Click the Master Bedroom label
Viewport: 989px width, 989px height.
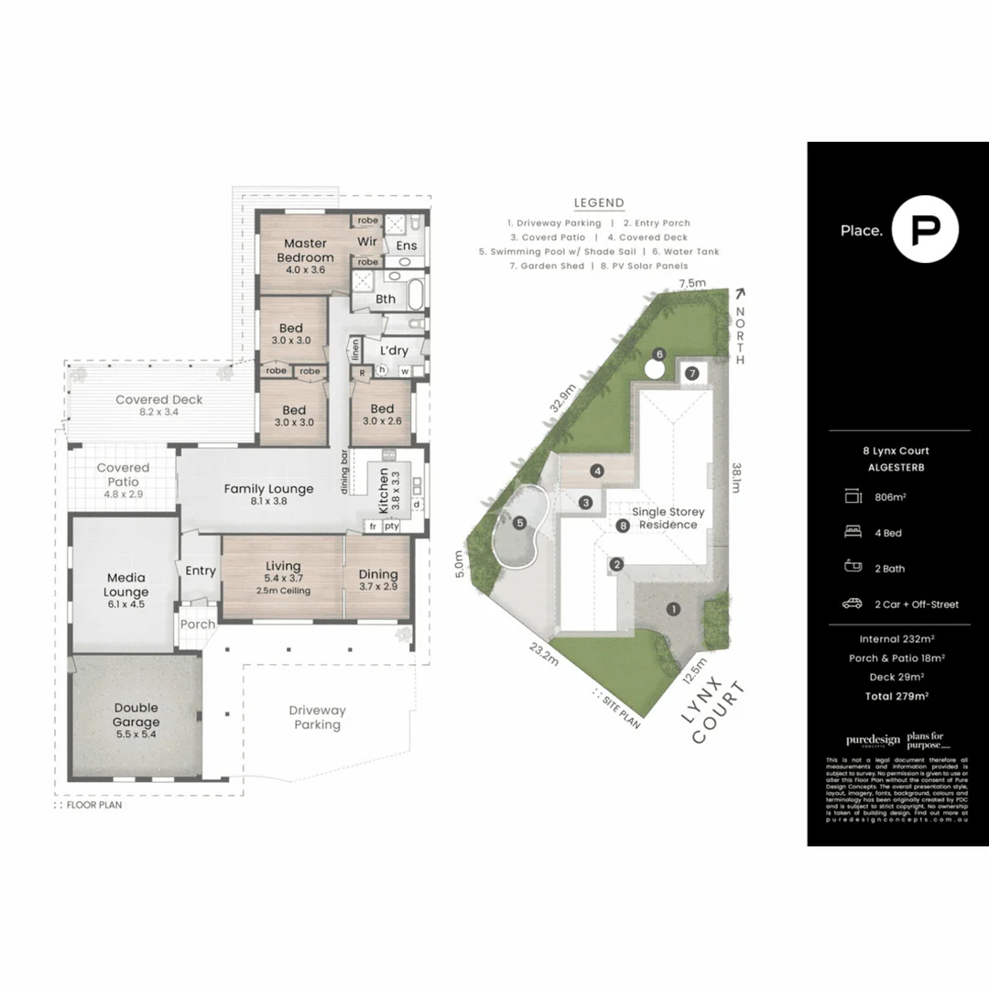305,250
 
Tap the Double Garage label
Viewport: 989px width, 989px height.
136,714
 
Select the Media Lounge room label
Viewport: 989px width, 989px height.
126,585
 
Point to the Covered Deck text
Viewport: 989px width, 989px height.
159,400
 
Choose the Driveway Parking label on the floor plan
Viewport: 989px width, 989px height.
317,717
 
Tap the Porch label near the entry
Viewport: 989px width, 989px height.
197,625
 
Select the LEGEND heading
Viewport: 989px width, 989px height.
599,203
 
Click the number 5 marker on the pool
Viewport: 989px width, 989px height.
519,524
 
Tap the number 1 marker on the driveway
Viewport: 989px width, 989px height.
673,608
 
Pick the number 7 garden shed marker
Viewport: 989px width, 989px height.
692,373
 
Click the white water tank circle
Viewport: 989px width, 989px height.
653,369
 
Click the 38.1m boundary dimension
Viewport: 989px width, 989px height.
735,477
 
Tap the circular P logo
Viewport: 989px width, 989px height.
926,229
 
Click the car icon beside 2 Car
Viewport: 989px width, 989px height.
853,603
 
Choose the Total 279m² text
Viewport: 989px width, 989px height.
897,696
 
